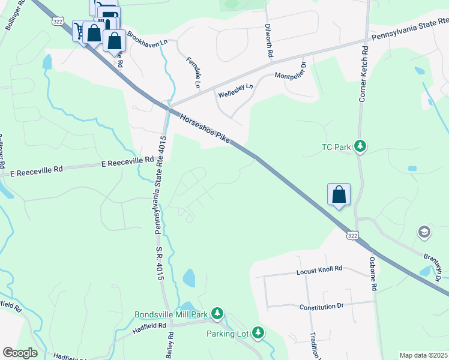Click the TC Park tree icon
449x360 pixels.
click(x=360, y=146)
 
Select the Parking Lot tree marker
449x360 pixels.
click(x=258, y=332)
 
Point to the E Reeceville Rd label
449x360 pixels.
click(x=127, y=162)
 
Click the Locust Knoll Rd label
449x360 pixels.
click(x=319, y=270)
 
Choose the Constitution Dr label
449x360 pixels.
click(x=321, y=306)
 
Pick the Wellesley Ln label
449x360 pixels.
click(x=235, y=91)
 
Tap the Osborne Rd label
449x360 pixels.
click(x=373, y=274)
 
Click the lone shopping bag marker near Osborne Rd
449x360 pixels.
click(x=339, y=194)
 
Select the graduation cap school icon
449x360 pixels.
click(x=424, y=232)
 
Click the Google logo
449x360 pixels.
click(x=20, y=353)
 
